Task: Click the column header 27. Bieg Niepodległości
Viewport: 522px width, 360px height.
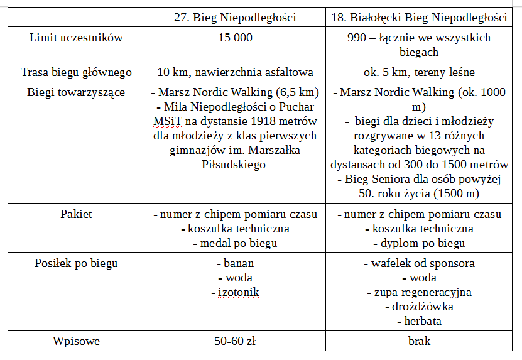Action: [x=234, y=17]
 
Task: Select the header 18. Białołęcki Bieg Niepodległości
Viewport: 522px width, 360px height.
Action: [x=418, y=17]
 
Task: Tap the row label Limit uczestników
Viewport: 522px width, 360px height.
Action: [x=76, y=38]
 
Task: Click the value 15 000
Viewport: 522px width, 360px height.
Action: [x=234, y=38]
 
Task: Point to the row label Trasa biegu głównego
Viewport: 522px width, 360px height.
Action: [x=76, y=72]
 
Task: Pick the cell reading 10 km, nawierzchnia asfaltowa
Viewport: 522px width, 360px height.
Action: [x=234, y=72]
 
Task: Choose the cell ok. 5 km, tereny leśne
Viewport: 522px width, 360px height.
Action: [x=418, y=72]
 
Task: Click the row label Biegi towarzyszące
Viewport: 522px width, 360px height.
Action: [x=76, y=93]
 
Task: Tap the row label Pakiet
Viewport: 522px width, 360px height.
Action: [x=76, y=214]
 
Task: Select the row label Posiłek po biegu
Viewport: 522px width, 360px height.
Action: [x=76, y=263]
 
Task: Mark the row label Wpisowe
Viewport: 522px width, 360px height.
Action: [x=76, y=342]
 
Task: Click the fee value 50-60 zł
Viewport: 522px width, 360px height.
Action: [x=234, y=342]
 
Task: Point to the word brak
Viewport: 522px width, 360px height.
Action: [x=418, y=342]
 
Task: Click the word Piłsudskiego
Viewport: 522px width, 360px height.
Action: [x=234, y=165]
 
